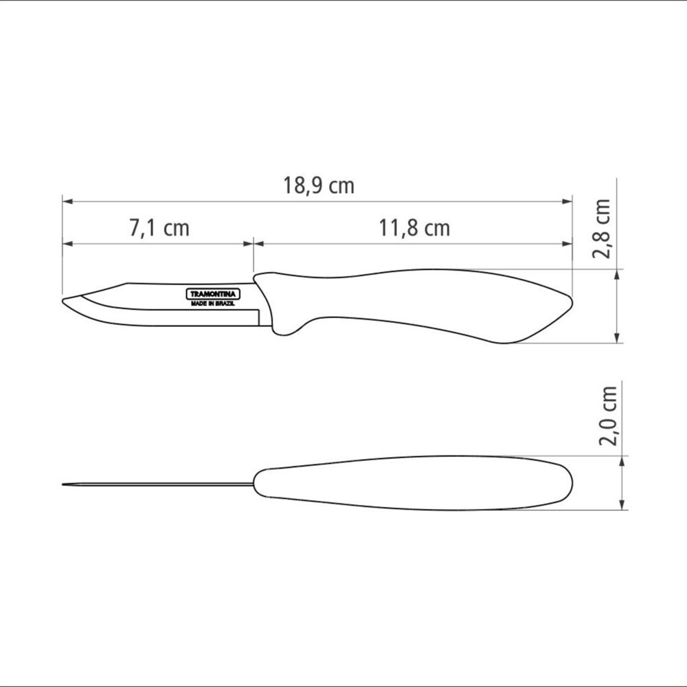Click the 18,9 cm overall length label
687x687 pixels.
coord(319,185)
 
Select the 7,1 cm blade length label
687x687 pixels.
coord(159,228)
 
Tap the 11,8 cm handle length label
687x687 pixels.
coord(414,228)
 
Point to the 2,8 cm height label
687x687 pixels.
coord(601,228)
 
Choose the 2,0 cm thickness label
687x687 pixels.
coord(608,416)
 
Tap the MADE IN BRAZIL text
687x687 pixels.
coord(213,303)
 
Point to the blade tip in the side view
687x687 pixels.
coord(63,301)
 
